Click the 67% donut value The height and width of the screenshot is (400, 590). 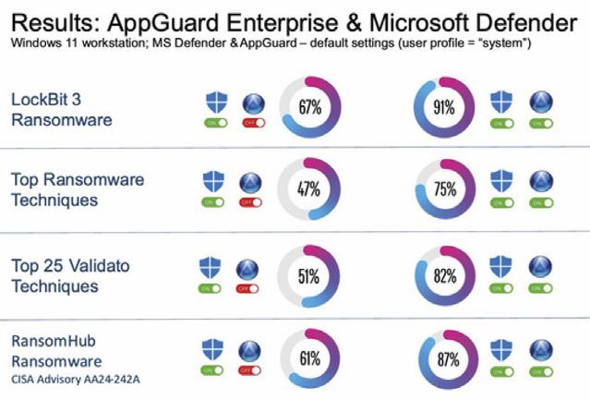[x=308, y=108]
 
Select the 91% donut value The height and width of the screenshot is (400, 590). [x=445, y=108]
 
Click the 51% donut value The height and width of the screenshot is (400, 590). [x=308, y=275]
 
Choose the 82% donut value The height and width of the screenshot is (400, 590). [x=445, y=275]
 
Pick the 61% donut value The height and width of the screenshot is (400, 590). [x=308, y=358]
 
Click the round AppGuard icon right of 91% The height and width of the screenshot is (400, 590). [x=540, y=102]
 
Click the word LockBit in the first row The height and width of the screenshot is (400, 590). [x=38, y=100]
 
